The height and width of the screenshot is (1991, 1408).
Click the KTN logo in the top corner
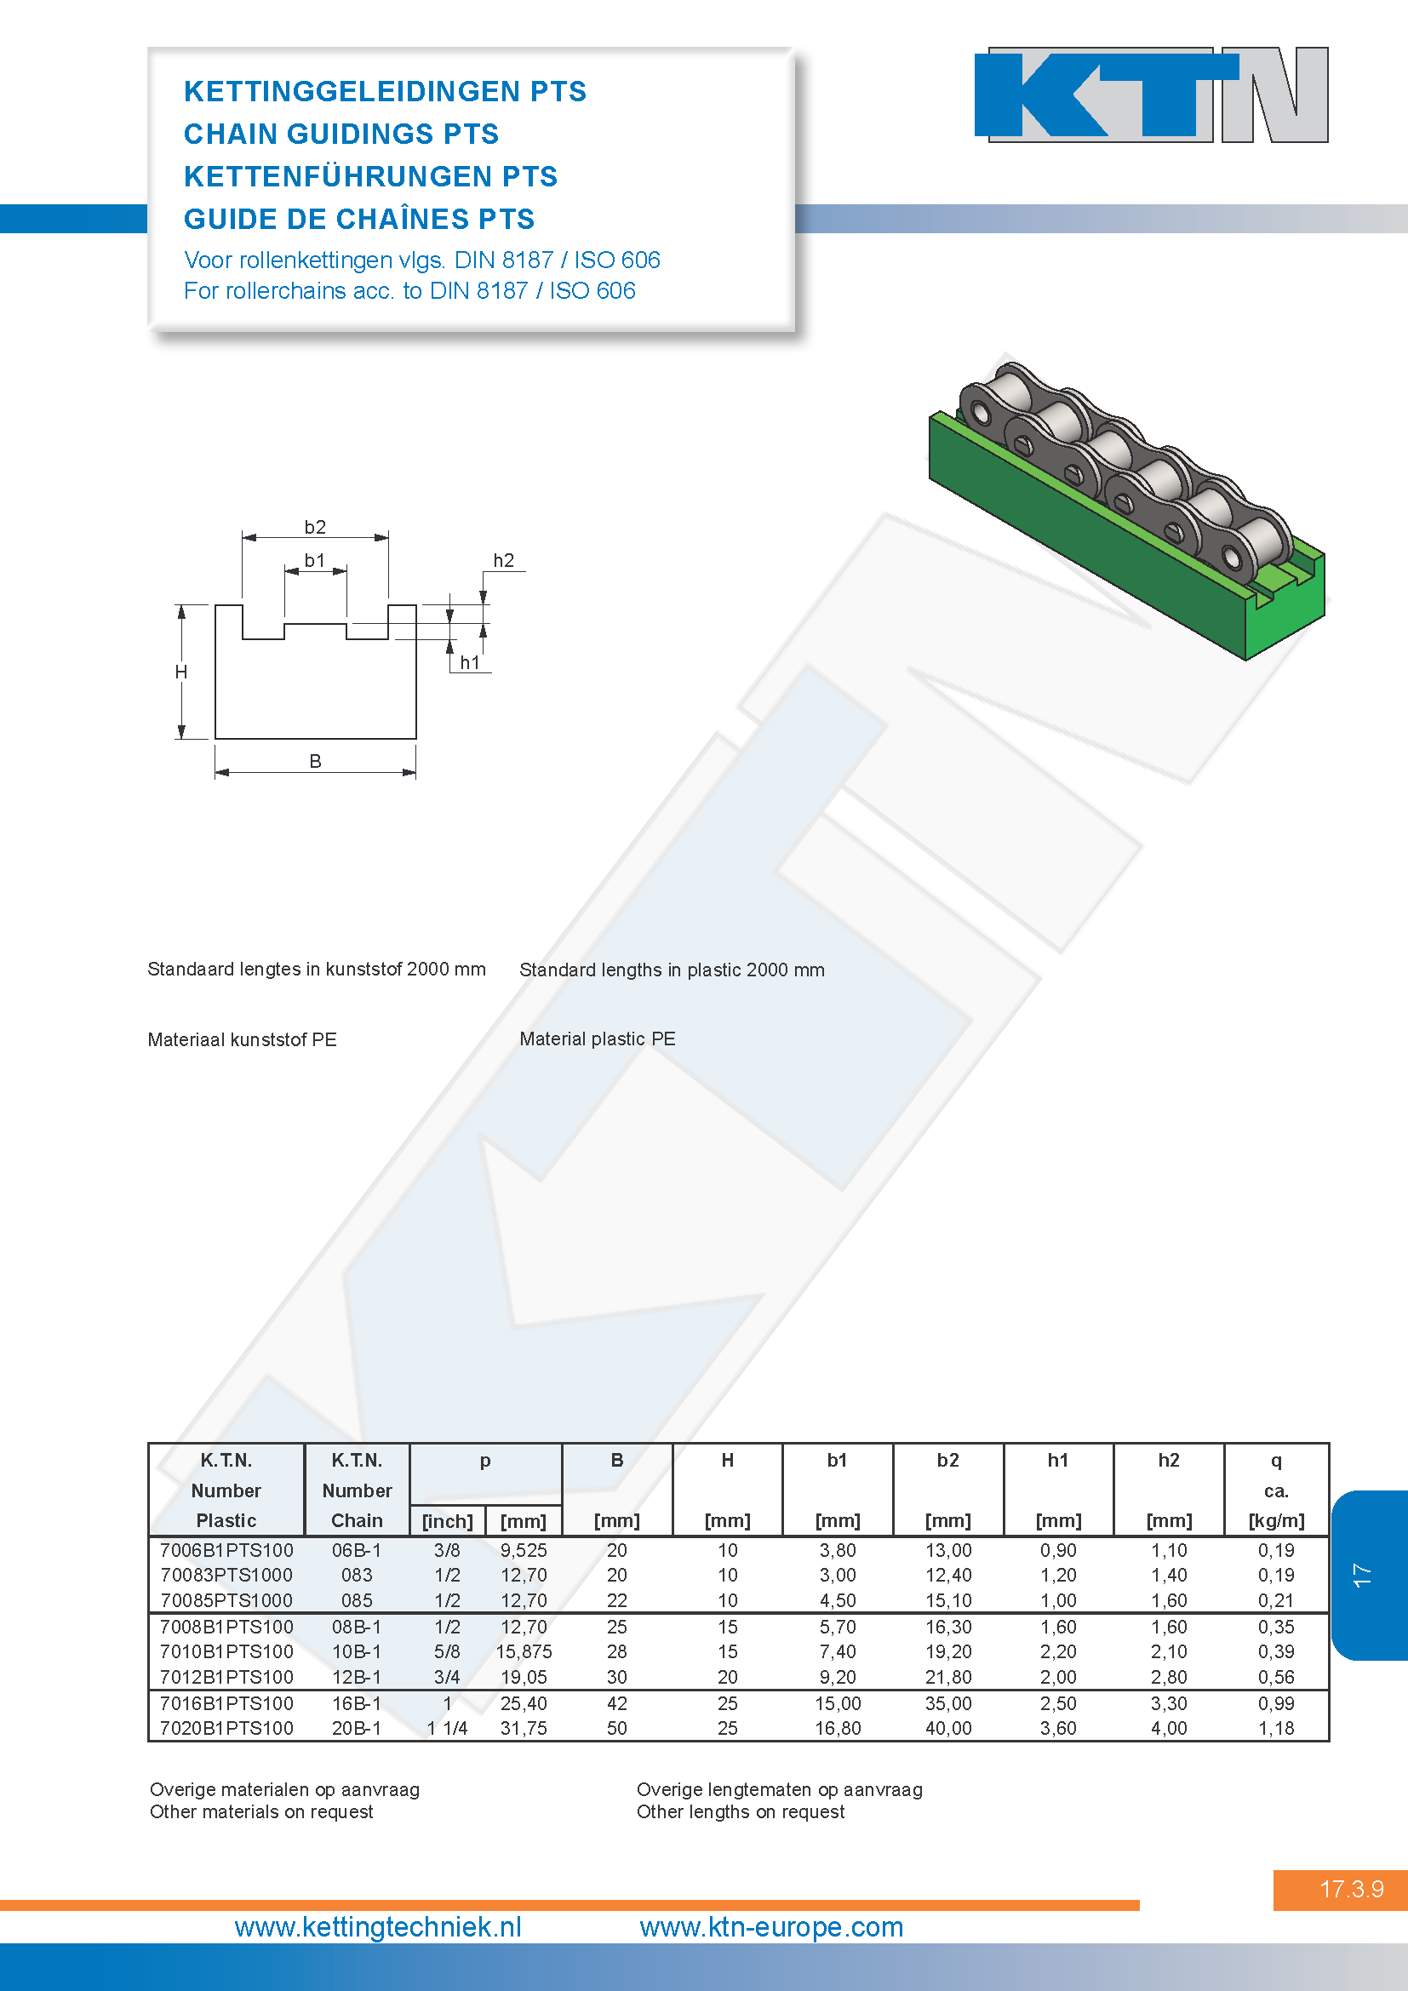1152,94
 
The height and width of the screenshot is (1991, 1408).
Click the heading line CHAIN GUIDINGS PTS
341,134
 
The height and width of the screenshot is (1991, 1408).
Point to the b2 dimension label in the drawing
315,527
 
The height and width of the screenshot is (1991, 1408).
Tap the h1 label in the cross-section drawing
470,662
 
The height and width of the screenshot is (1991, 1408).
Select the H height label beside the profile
181,672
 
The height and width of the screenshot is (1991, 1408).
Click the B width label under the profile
316,760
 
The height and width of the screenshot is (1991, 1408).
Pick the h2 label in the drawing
504,560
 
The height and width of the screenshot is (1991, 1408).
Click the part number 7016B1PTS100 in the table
226,1703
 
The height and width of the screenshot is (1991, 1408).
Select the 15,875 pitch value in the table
524,1651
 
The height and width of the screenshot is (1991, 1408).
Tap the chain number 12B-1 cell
357,1677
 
